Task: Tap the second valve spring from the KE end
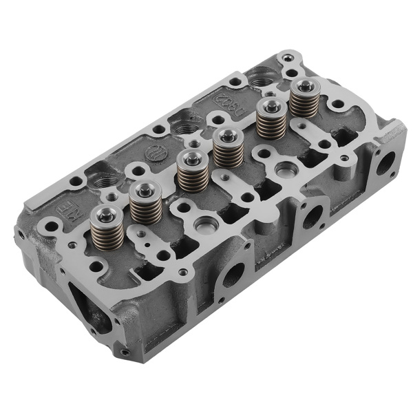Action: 145,202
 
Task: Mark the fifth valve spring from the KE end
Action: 271,119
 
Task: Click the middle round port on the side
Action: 312,216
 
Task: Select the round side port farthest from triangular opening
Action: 386,162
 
